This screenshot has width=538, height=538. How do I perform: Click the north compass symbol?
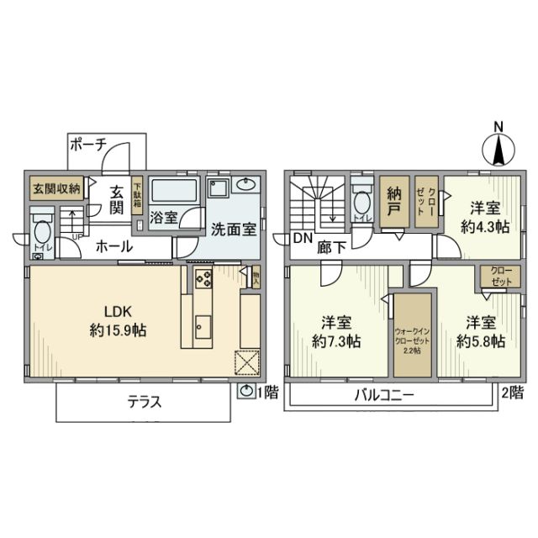pyautogui.click(x=498, y=149)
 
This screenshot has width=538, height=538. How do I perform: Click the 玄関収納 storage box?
pyautogui.click(x=56, y=187)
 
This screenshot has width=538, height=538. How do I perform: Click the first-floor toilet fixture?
pyautogui.click(x=41, y=233)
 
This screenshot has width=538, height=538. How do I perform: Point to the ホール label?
pyautogui.click(x=112, y=247)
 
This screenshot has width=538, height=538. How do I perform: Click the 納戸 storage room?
pyautogui.click(x=391, y=203)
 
